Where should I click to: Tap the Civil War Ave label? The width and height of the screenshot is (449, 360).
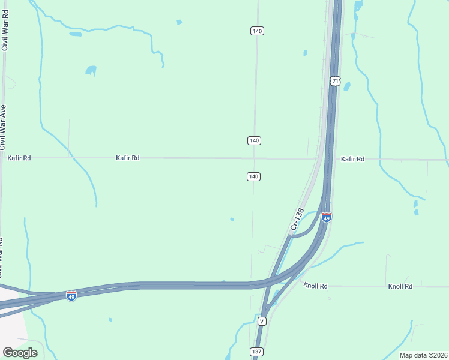[3, 127]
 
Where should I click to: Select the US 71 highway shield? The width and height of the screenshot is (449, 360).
[335, 80]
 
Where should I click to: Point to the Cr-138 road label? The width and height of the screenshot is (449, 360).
[295, 219]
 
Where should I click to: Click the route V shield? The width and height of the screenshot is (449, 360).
[262, 322]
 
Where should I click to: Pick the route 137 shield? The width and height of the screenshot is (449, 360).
[256, 351]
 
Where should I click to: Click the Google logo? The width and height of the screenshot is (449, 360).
[20, 353]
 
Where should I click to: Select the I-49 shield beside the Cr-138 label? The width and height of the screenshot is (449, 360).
[327, 217]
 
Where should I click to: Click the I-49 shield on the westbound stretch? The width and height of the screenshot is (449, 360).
[71, 296]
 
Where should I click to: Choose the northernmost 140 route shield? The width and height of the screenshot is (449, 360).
[257, 31]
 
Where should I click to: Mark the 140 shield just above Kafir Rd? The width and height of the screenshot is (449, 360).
[254, 140]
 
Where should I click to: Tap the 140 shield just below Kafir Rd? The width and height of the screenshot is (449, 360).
[253, 176]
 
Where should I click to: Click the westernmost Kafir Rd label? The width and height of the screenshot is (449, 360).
[19, 158]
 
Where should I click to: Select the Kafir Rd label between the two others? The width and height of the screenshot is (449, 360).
[128, 158]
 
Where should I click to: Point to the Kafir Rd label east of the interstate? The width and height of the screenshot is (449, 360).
[352, 159]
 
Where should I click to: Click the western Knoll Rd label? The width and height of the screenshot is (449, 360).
[315, 286]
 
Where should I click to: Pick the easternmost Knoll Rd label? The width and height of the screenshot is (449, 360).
[400, 286]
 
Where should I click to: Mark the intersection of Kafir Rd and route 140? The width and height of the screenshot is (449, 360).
[254, 158]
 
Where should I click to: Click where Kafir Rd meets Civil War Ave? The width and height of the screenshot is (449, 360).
[2, 158]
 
